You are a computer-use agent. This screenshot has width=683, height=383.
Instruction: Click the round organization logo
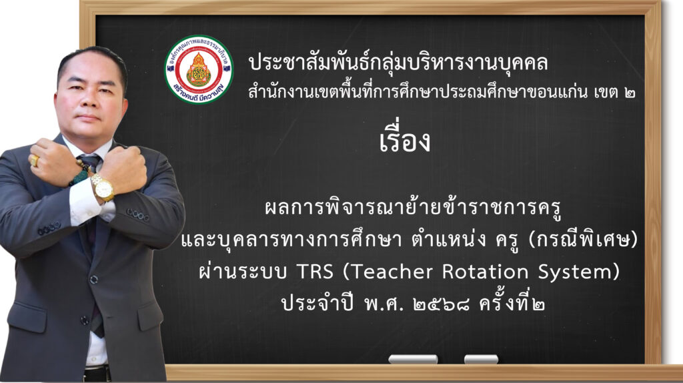click(199, 69)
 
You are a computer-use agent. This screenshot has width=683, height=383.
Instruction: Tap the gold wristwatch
click(103, 187)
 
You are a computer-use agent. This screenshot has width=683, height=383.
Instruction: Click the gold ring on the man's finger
click(35, 160)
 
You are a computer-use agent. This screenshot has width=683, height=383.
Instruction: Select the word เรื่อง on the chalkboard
click(405, 139)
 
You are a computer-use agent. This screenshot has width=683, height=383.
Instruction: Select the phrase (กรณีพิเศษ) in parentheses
click(583, 240)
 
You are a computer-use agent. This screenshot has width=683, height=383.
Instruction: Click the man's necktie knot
click(91, 161)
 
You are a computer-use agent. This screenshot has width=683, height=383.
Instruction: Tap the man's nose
click(90, 103)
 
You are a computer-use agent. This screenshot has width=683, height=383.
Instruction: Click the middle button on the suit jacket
click(93, 280)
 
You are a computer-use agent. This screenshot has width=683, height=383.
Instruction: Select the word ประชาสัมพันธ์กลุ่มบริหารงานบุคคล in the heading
click(398, 63)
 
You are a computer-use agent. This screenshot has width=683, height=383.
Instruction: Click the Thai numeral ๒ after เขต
click(629, 93)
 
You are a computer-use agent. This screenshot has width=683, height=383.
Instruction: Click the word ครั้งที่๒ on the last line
click(512, 303)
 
